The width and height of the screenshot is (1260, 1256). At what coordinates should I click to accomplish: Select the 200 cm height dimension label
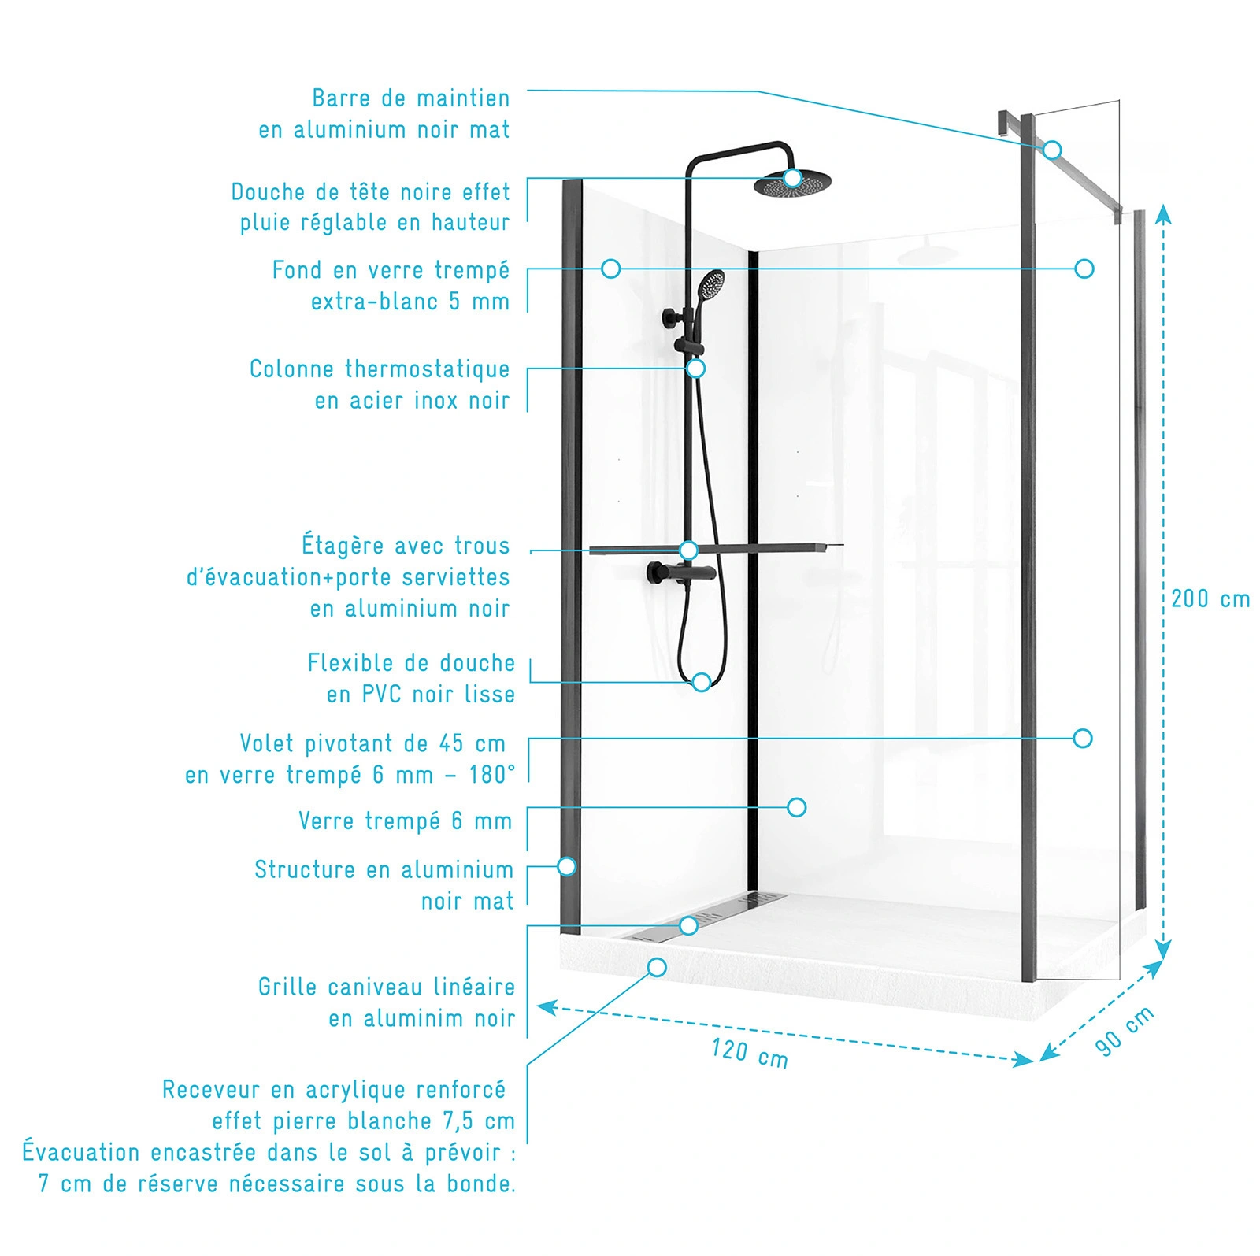click(x=1210, y=599)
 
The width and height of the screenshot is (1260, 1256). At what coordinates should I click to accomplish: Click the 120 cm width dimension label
click(x=749, y=1053)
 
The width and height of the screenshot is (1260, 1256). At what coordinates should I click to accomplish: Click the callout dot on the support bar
click(x=1053, y=150)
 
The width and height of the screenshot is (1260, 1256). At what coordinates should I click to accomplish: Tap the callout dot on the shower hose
click(x=701, y=682)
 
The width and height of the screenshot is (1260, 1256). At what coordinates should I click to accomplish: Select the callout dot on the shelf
click(x=688, y=550)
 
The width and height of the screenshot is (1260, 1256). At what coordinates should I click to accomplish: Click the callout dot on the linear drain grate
click(x=688, y=925)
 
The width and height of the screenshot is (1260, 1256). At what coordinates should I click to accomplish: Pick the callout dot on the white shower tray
click(x=657, y=967)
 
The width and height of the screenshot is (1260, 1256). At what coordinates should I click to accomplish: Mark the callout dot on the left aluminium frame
click(x=566, y=867)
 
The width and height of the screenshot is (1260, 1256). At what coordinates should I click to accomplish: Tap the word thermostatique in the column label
click(x=427, y=369)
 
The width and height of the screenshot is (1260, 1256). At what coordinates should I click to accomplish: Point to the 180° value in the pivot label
click(x=492, y=775)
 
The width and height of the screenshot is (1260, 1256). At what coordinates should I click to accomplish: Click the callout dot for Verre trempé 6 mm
click(x=797, y=807)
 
